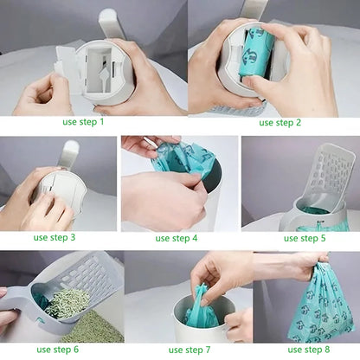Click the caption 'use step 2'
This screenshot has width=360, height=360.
tap(280, 122)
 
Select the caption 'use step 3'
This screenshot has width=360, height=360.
tap(55, 237)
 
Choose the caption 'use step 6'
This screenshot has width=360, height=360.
tap(55, 350)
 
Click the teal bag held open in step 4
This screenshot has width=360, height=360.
tap(182, 159)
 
